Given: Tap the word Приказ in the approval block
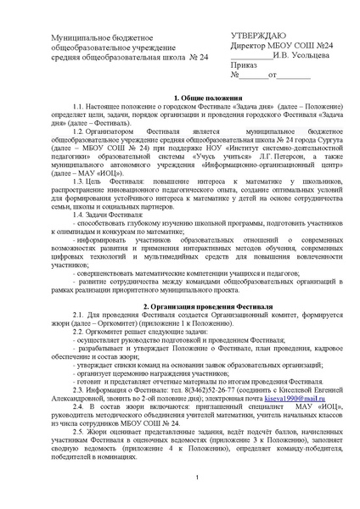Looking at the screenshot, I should click(x=246, y=64).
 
